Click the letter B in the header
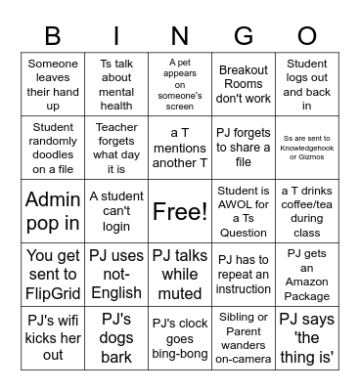[53, 36]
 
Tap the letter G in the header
[243, 36]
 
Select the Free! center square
[180, 211]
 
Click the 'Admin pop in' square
[53, 211]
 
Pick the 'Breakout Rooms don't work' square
[243, 84]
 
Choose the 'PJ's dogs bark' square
[116, 337]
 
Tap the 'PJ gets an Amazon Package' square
[306, 274]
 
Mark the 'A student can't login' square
[116, 211]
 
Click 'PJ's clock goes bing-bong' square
[180, 337]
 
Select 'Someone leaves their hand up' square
[53, 84]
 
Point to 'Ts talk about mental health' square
[116, 84]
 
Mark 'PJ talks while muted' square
[180, 274]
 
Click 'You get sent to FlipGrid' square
[53, 274]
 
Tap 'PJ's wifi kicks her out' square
[53, 337]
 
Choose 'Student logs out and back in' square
[306, 84]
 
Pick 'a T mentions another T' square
[180, 148]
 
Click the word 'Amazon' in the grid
[306, 282]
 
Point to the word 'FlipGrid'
[53, 290]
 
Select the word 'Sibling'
[243, 318]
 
